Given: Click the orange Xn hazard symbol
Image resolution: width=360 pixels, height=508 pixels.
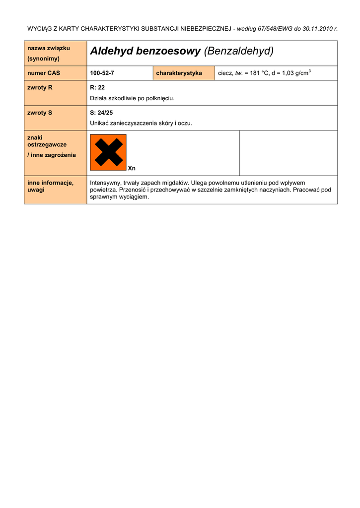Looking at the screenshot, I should (108, 152).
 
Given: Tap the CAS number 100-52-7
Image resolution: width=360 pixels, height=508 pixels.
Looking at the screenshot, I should (102, 73).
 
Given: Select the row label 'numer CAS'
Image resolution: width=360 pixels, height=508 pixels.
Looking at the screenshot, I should (44, 73).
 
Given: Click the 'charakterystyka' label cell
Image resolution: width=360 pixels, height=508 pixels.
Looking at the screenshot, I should (179, 73).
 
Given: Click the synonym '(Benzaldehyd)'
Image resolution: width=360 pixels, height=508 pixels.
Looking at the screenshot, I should (239, 51).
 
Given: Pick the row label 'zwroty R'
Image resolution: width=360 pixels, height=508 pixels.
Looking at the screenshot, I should (40, 88).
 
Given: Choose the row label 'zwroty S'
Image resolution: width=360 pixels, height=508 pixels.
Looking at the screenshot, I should (40, 113).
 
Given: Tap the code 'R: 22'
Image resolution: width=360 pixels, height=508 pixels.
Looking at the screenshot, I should (97, 88).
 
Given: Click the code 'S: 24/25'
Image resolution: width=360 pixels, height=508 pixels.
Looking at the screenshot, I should (101, 113).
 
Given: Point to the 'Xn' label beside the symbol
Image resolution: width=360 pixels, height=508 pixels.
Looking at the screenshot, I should (132, 169).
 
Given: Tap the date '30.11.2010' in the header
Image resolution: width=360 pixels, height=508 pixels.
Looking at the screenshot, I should (317, 29).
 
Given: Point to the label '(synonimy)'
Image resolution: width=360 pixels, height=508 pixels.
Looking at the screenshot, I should (44, 59).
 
